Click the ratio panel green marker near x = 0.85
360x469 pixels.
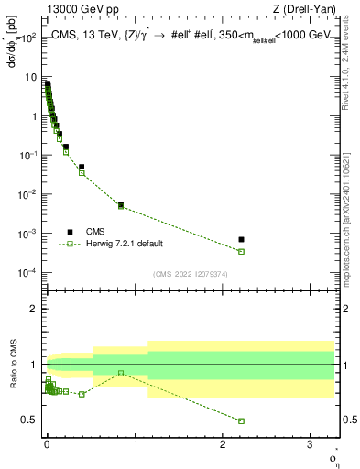point(121,373)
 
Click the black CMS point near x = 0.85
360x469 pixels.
point(121,205)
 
